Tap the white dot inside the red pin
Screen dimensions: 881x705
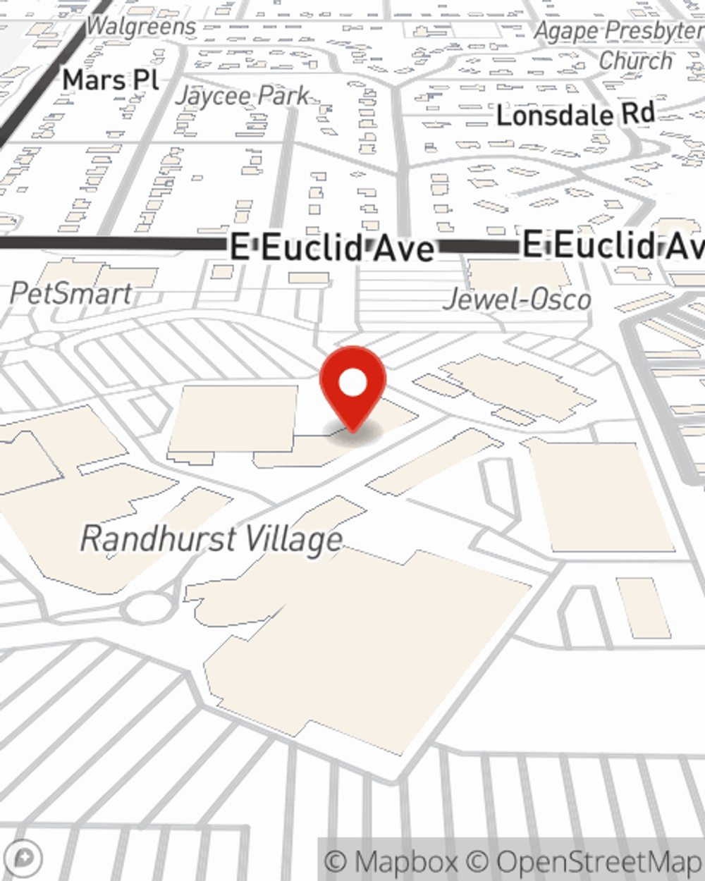pyautogui.click(x=353, y=383)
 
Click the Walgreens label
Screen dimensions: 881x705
pyautogui.click(x=141, y=27)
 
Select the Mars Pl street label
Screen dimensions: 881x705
pyautogui.click(x=111, y=80)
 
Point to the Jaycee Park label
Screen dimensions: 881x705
pyautogui.click(x=243, y=96)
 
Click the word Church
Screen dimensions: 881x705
pyautogui.click(x=635, y=61)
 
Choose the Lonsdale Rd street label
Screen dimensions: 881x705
pyautogui.click(x=575, y=115)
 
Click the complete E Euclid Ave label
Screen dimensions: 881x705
pyautogui.click(x=332, y=249)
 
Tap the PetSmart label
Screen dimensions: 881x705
pyautogui.click(x=71, y=293)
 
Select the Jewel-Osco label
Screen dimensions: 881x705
pyautogui.click(x=517, y=300)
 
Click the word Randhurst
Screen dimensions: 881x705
pyautogui.click(x=158, y=539)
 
